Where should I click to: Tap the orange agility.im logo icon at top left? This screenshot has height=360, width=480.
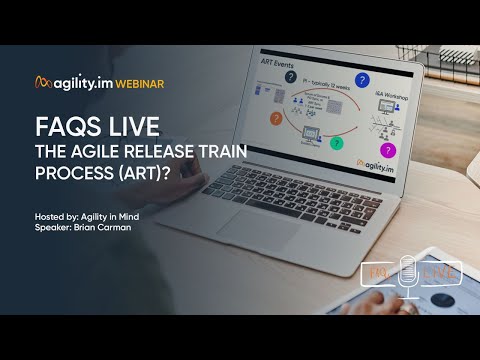coord(42,82)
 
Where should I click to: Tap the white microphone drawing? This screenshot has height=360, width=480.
coord(408,274)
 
